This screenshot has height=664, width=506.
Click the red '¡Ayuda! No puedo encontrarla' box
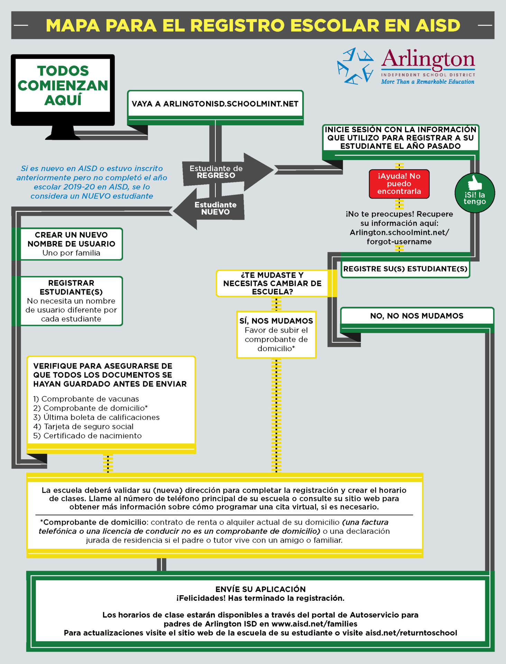[x=399, y=184]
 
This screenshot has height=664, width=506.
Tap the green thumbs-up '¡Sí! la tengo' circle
[x=475, y=193]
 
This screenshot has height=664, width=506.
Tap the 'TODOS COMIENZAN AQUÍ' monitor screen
[x=63, y=85]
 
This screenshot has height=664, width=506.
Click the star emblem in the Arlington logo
[x=355, y=66]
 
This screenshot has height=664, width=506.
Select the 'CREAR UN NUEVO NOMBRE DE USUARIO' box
[x=71, y=244]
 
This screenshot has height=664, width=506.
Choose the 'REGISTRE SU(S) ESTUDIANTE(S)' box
[x=405, y=269]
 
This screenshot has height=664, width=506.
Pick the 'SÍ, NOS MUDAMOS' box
[x=276, y=334]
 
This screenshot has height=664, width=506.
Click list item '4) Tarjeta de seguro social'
[x=83, y=426]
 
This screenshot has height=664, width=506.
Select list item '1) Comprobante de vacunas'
[x=86, y=399]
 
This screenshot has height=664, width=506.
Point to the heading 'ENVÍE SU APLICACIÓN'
[x=260, y=589]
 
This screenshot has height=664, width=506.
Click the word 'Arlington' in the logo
[x=428, y=59]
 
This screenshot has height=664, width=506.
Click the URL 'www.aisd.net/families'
[x=314, y=624]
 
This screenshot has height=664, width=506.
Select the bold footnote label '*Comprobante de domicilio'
[x=93, y=522]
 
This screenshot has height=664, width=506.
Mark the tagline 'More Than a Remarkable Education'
[x=428, y=82]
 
